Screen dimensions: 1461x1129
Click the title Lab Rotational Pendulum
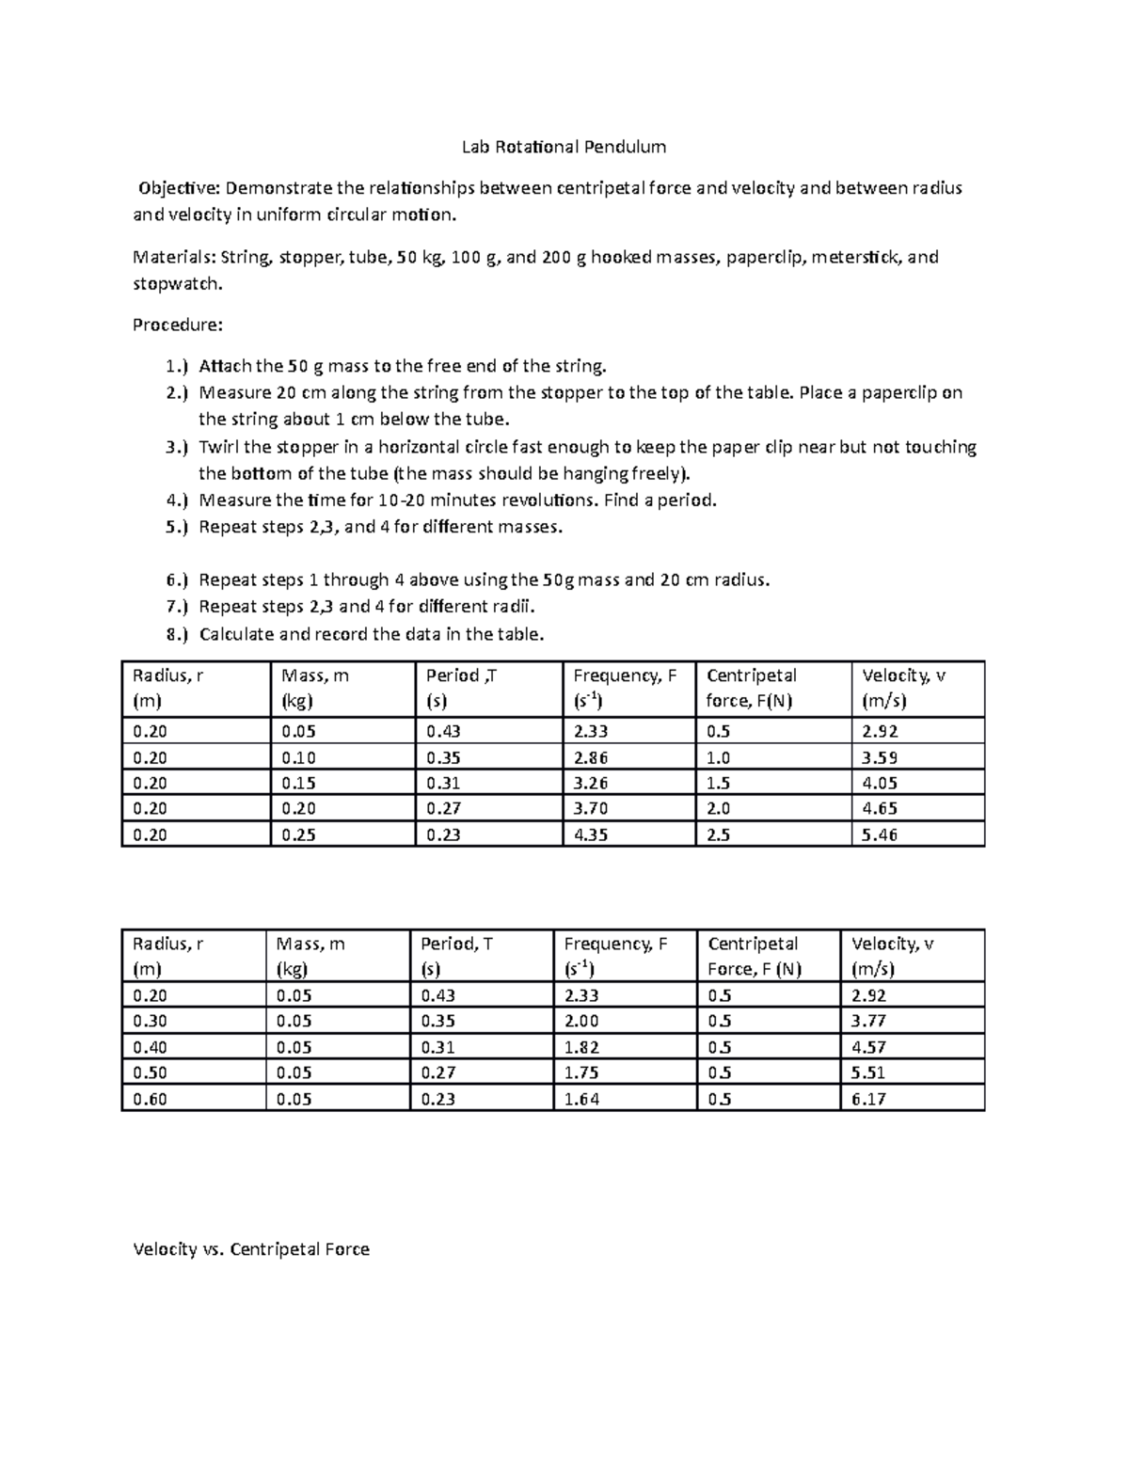pyautogui.click(x=564, y=147)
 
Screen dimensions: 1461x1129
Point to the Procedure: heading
pyautogui.click(x=178, y=326)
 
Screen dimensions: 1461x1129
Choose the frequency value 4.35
pyautogui.click(x=590, y=834)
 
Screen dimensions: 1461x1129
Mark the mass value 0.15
pyautogui.click(x=298, y=783)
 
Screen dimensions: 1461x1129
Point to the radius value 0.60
pyautogui.click(x=151, y=1099)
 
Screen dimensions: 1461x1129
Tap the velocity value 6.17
pyautogui.click(x=868, y=1099)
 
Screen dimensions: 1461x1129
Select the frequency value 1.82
pyautogui.click(x=581, y=1047)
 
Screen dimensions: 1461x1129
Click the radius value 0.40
pyautogui.click(x=151, y=1047)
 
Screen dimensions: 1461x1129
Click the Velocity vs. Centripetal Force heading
pyautogui.click(x=251, y=1249)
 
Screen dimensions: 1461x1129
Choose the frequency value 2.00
pyautogui.click(x=581, y=1021)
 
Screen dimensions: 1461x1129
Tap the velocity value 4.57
pyautogui.click(x=868, y=1047)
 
